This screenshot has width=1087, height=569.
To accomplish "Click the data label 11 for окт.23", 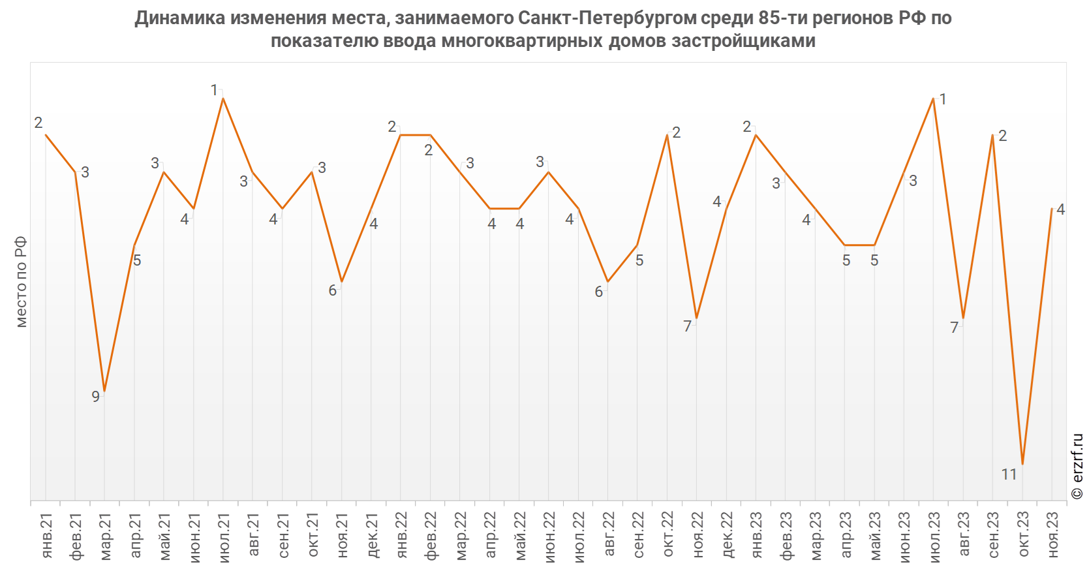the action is coord(1009,474).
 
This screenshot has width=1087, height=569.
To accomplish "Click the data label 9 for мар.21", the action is coord(96,397).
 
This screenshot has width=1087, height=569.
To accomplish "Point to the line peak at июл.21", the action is coord(222,98).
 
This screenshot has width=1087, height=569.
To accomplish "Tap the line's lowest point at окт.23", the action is coord(1022,464).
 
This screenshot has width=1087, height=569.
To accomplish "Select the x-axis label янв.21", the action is coord(46,536).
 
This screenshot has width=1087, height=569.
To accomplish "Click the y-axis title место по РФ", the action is coord(21,282).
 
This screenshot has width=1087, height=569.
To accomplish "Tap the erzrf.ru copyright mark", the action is coord(1077,466).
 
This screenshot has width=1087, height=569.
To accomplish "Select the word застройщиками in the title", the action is coord(743,40).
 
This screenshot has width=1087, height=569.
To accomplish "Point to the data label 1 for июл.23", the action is coord(943,100).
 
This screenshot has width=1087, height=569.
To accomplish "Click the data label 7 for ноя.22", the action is coord(687,326).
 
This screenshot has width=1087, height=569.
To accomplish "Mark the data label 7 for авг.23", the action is coord(954,328).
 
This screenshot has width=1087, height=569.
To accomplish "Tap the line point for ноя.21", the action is coord(342,282).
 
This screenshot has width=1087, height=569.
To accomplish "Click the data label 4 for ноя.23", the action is coord(1061,209).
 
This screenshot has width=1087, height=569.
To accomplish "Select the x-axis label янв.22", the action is coord(402,536).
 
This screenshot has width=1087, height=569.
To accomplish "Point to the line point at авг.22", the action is coord(608,282).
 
